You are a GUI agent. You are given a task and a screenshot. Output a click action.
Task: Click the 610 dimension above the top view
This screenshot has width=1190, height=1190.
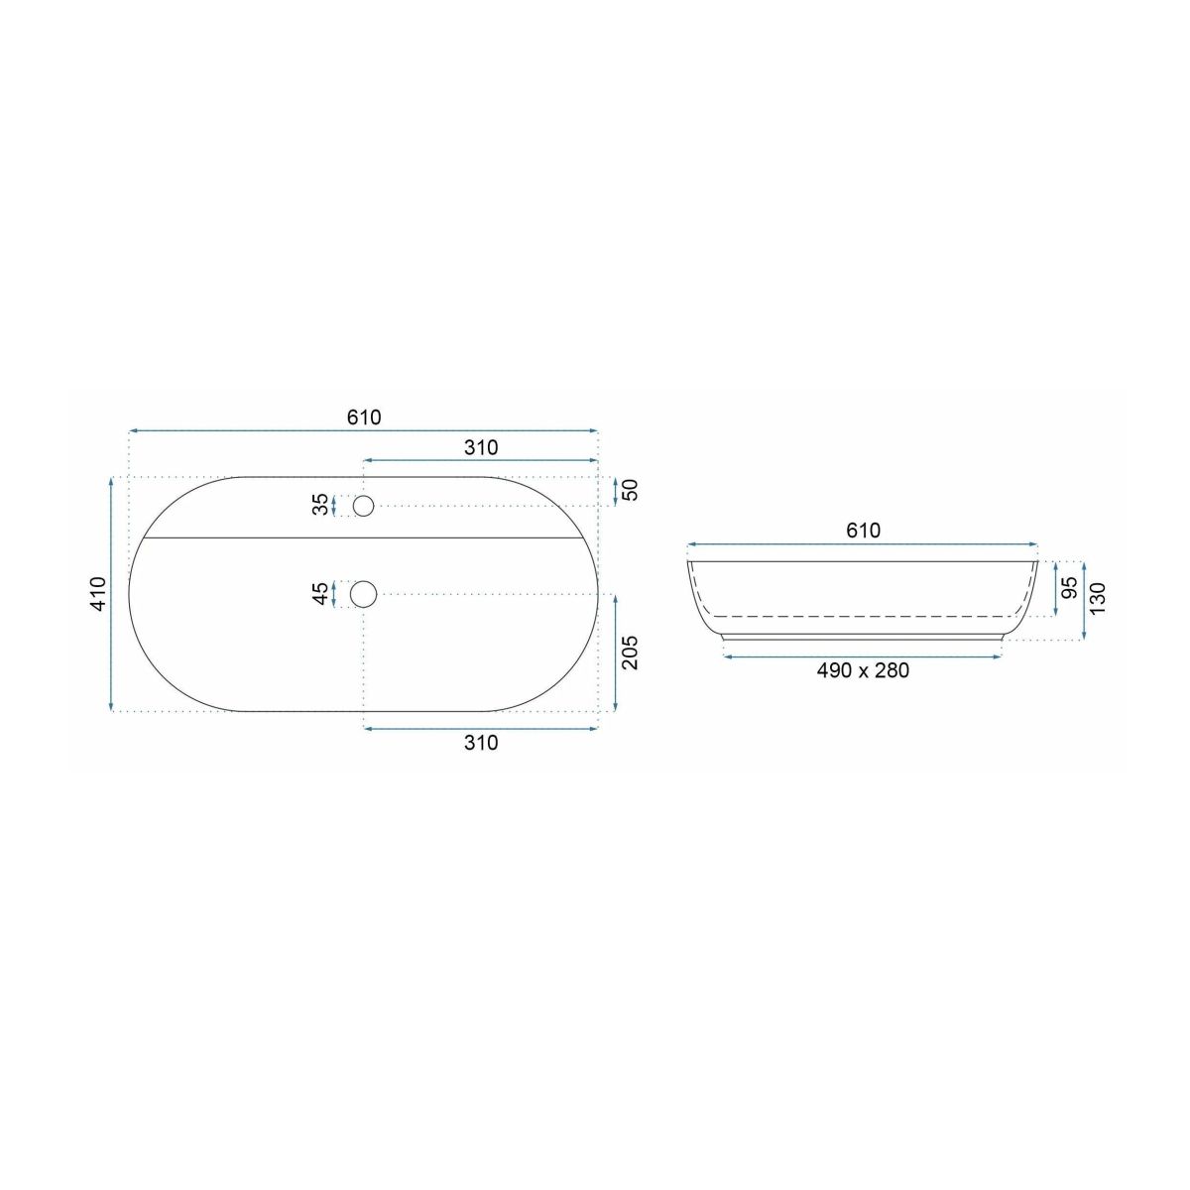(364, 417)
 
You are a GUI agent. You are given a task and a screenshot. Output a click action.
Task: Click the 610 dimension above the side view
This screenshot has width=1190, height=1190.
(863, 531)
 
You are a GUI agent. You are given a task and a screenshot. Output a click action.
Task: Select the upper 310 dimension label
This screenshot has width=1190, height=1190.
(480, 447)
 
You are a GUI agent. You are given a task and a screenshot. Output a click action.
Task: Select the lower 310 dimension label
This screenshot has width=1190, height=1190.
(480, 743)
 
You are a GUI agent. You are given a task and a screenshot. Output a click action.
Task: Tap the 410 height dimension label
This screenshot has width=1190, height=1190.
(99, 594)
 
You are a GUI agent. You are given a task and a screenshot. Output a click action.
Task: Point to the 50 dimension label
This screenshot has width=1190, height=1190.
(631, 490)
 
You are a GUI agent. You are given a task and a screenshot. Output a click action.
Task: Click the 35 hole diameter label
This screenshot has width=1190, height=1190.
(320, 505)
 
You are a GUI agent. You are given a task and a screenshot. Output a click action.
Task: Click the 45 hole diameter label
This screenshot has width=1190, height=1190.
(320, 594)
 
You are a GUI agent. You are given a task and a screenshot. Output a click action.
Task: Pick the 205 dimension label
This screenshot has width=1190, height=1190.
(630, 653)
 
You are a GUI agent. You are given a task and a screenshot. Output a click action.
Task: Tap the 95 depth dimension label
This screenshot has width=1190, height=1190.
(1071, 587)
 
